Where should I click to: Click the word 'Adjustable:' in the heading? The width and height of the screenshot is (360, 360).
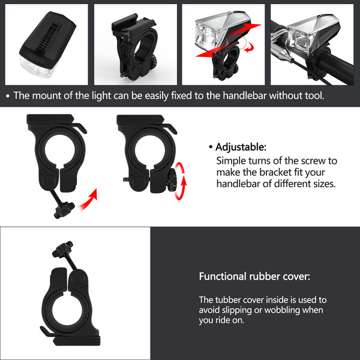click(241, 147)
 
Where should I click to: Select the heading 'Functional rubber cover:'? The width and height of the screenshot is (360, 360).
click(254, 276)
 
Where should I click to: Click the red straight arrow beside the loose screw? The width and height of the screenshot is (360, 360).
click(89, 200)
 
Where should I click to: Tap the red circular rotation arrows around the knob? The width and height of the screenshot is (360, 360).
click(180, 181)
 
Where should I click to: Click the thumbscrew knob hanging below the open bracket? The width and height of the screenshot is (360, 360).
click(64, 210)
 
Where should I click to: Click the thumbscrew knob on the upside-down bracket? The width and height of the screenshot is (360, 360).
click(62, 249)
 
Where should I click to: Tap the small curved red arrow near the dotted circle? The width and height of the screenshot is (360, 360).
click(249, 48)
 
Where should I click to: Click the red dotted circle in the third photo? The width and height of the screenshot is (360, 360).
click(240, 42)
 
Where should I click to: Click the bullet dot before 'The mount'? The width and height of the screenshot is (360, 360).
click(8, 96)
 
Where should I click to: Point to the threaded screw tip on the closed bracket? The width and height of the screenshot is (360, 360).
click(126, 179)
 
